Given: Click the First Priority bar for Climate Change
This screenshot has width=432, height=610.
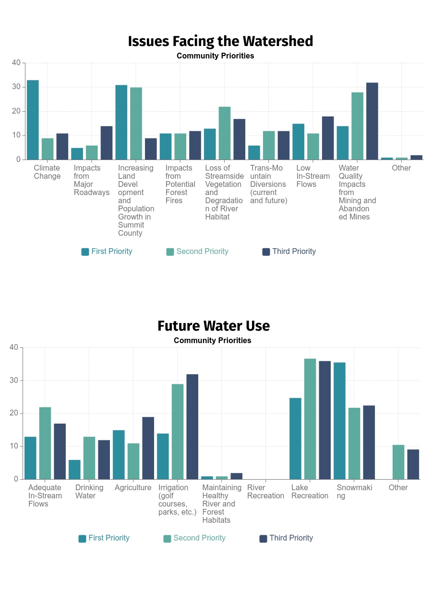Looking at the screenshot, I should pos(33,120).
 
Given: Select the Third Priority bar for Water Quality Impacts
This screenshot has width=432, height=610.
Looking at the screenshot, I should pos(372,121).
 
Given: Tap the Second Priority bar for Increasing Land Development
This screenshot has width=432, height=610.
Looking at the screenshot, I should pos(136,124).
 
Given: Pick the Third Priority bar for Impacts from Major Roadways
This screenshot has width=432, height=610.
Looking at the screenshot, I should pos(106,143).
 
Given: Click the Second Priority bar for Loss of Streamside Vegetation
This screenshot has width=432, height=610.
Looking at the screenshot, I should pos(225,133).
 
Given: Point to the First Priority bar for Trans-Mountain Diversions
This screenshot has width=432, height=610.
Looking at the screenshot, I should pos(254,152).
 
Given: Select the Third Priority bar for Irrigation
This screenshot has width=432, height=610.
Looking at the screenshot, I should pos(192,426).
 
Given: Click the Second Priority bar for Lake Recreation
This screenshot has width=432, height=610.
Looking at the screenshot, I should pos(310,419).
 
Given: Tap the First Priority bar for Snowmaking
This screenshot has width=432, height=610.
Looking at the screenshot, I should pos(339,421).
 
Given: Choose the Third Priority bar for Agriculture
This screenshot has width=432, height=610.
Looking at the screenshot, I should pos(148,448).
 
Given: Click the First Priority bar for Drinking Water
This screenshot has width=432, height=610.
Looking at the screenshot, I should pos(74,470).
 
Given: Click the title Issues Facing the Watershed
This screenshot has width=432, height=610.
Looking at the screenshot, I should pos(220,41).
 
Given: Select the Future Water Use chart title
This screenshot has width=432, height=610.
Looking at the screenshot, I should pos(214,326).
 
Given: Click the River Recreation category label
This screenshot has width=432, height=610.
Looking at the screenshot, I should pos(265,492).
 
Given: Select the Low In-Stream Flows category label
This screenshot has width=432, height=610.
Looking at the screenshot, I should pos(313,176).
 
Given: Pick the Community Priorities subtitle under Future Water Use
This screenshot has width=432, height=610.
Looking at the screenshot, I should pos(212,340).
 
